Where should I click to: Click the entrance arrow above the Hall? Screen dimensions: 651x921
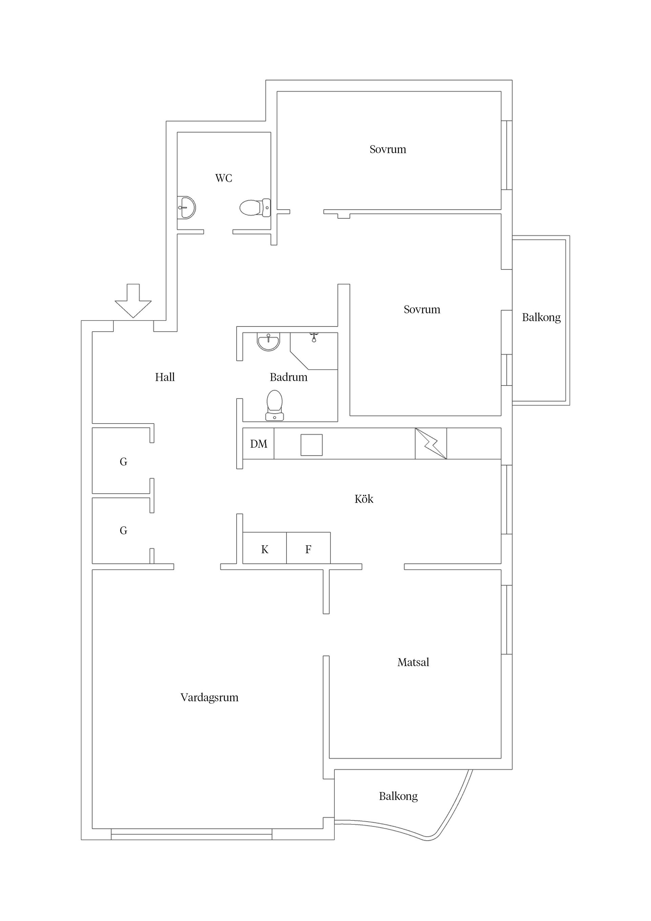coord(133,301)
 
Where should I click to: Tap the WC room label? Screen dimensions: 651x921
coord(223,178)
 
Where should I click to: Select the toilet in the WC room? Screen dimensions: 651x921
coord(255,208)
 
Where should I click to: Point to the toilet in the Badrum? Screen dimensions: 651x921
coord(274,405)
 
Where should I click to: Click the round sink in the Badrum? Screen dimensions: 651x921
coord(268,342)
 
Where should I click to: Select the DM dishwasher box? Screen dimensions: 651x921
coord(258,444)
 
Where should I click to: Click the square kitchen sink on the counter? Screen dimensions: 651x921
coord(312,445)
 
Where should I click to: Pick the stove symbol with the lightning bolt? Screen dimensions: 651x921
coord(431,444)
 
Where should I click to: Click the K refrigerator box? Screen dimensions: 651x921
coord(265,548)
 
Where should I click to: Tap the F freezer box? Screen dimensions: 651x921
coord(309,548)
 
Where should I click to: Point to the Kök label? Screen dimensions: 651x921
coord(364,499)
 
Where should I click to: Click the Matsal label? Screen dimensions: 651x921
coord(413,662)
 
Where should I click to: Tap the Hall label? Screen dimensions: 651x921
coord(165,377)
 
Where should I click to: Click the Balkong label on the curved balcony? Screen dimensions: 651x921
coord(398,797)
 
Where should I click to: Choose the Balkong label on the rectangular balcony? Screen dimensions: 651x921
coord(541,318)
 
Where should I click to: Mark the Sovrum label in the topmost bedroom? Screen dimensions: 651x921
coord(388,150)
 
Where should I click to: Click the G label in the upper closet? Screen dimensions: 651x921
coord(123,462)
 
